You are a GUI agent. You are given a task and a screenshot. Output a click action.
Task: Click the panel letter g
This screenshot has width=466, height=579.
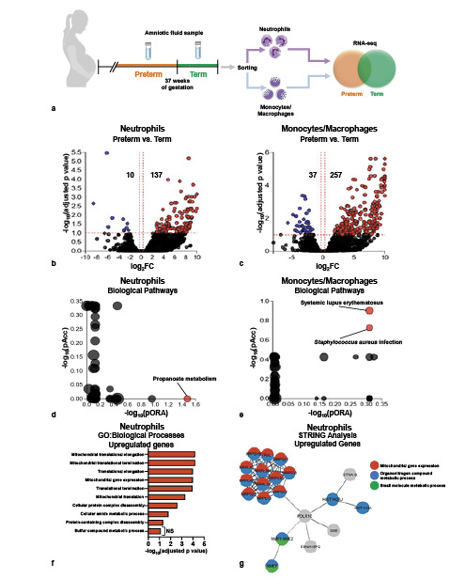(x=243, y=564)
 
